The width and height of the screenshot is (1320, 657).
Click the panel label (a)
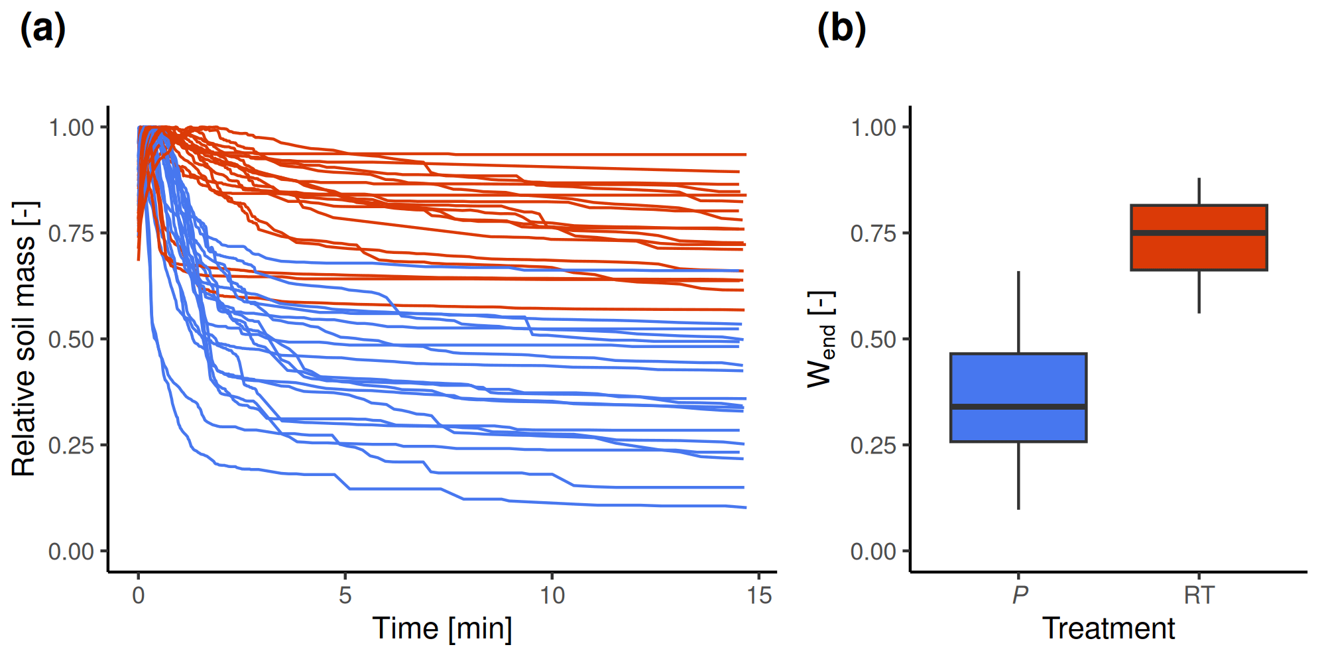pos(43,30)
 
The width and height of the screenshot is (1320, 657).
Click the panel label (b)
pos(841,30)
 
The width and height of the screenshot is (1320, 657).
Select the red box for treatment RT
pos(1199,252)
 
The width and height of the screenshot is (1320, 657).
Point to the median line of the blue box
pos(1018,406)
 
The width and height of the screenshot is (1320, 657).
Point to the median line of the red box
pos(1199,233)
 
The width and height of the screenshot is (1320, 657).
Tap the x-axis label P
pos(1020,595)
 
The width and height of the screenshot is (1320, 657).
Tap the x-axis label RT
pos(1199,595)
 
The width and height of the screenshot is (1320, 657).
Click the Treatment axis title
pos(1109,628)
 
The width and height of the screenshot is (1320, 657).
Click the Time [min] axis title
pos(442,628)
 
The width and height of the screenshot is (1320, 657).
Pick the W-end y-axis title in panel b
pos(821,339)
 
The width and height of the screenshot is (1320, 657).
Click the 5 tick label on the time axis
pos(345,595)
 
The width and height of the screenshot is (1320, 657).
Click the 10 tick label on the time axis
pos(552,595)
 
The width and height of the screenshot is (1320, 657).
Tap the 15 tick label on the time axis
pos(759,595)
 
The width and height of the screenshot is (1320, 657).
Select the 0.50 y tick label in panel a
pos(71,339)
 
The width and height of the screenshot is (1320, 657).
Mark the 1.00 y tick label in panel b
pos(873,127)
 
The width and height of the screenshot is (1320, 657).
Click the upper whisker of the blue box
pos(1018,312)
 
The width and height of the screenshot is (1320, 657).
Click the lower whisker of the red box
pos(1199,292)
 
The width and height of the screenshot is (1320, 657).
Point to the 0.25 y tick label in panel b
pos(873,446)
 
